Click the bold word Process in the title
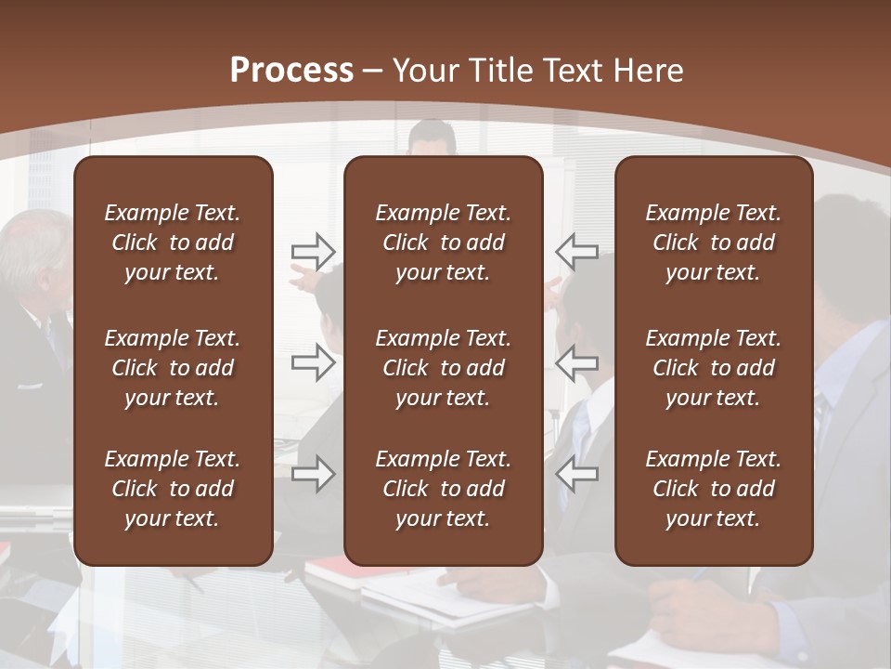[x=291, y=71]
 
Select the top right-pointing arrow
[x=313, y=251]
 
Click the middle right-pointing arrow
[x=313, y=362]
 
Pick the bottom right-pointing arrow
[x=313, y=474]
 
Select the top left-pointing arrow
[x=576, y=251]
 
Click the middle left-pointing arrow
[x=576, y=362]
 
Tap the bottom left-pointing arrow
[x=576, y=474]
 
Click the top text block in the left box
[x=173, y=243]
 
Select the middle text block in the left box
[x=173, y=368]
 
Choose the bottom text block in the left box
[x=173, y=489]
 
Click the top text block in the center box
[x=443, y=243]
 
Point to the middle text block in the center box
[x=443, y=368]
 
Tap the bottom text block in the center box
[x=443, y=489]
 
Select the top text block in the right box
[x=713, y=243]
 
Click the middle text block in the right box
[x=713, y=368]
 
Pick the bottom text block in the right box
[x=713, y=489]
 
